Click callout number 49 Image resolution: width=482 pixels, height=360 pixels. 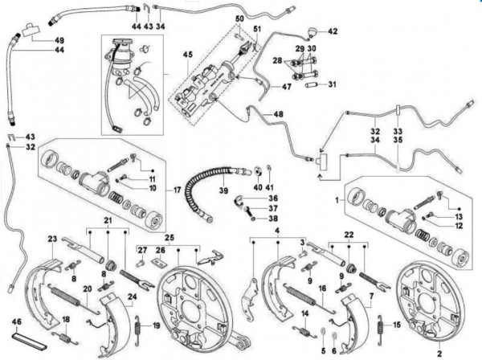pyautogui.click(x=37, y=40)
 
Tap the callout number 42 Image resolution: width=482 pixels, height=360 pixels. pyautogui.click(x=333, y=32)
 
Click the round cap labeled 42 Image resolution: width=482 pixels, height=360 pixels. pyautogui.click(x=311, y=33)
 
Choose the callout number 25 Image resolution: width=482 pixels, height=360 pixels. pyautogui.click(x=170, y=238)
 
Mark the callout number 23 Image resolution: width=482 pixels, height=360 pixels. pyautogui.click(x=51, y=239)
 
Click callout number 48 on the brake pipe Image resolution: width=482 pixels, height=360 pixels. pyautogui.click(x=278, y=115)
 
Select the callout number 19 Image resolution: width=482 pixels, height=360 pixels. pyautogui.click(x=156, y=325)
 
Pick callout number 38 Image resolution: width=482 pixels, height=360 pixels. pyautogui.click(x=274, y=219)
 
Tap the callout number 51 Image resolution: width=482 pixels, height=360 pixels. pyautogui.click(x=259, y=31)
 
